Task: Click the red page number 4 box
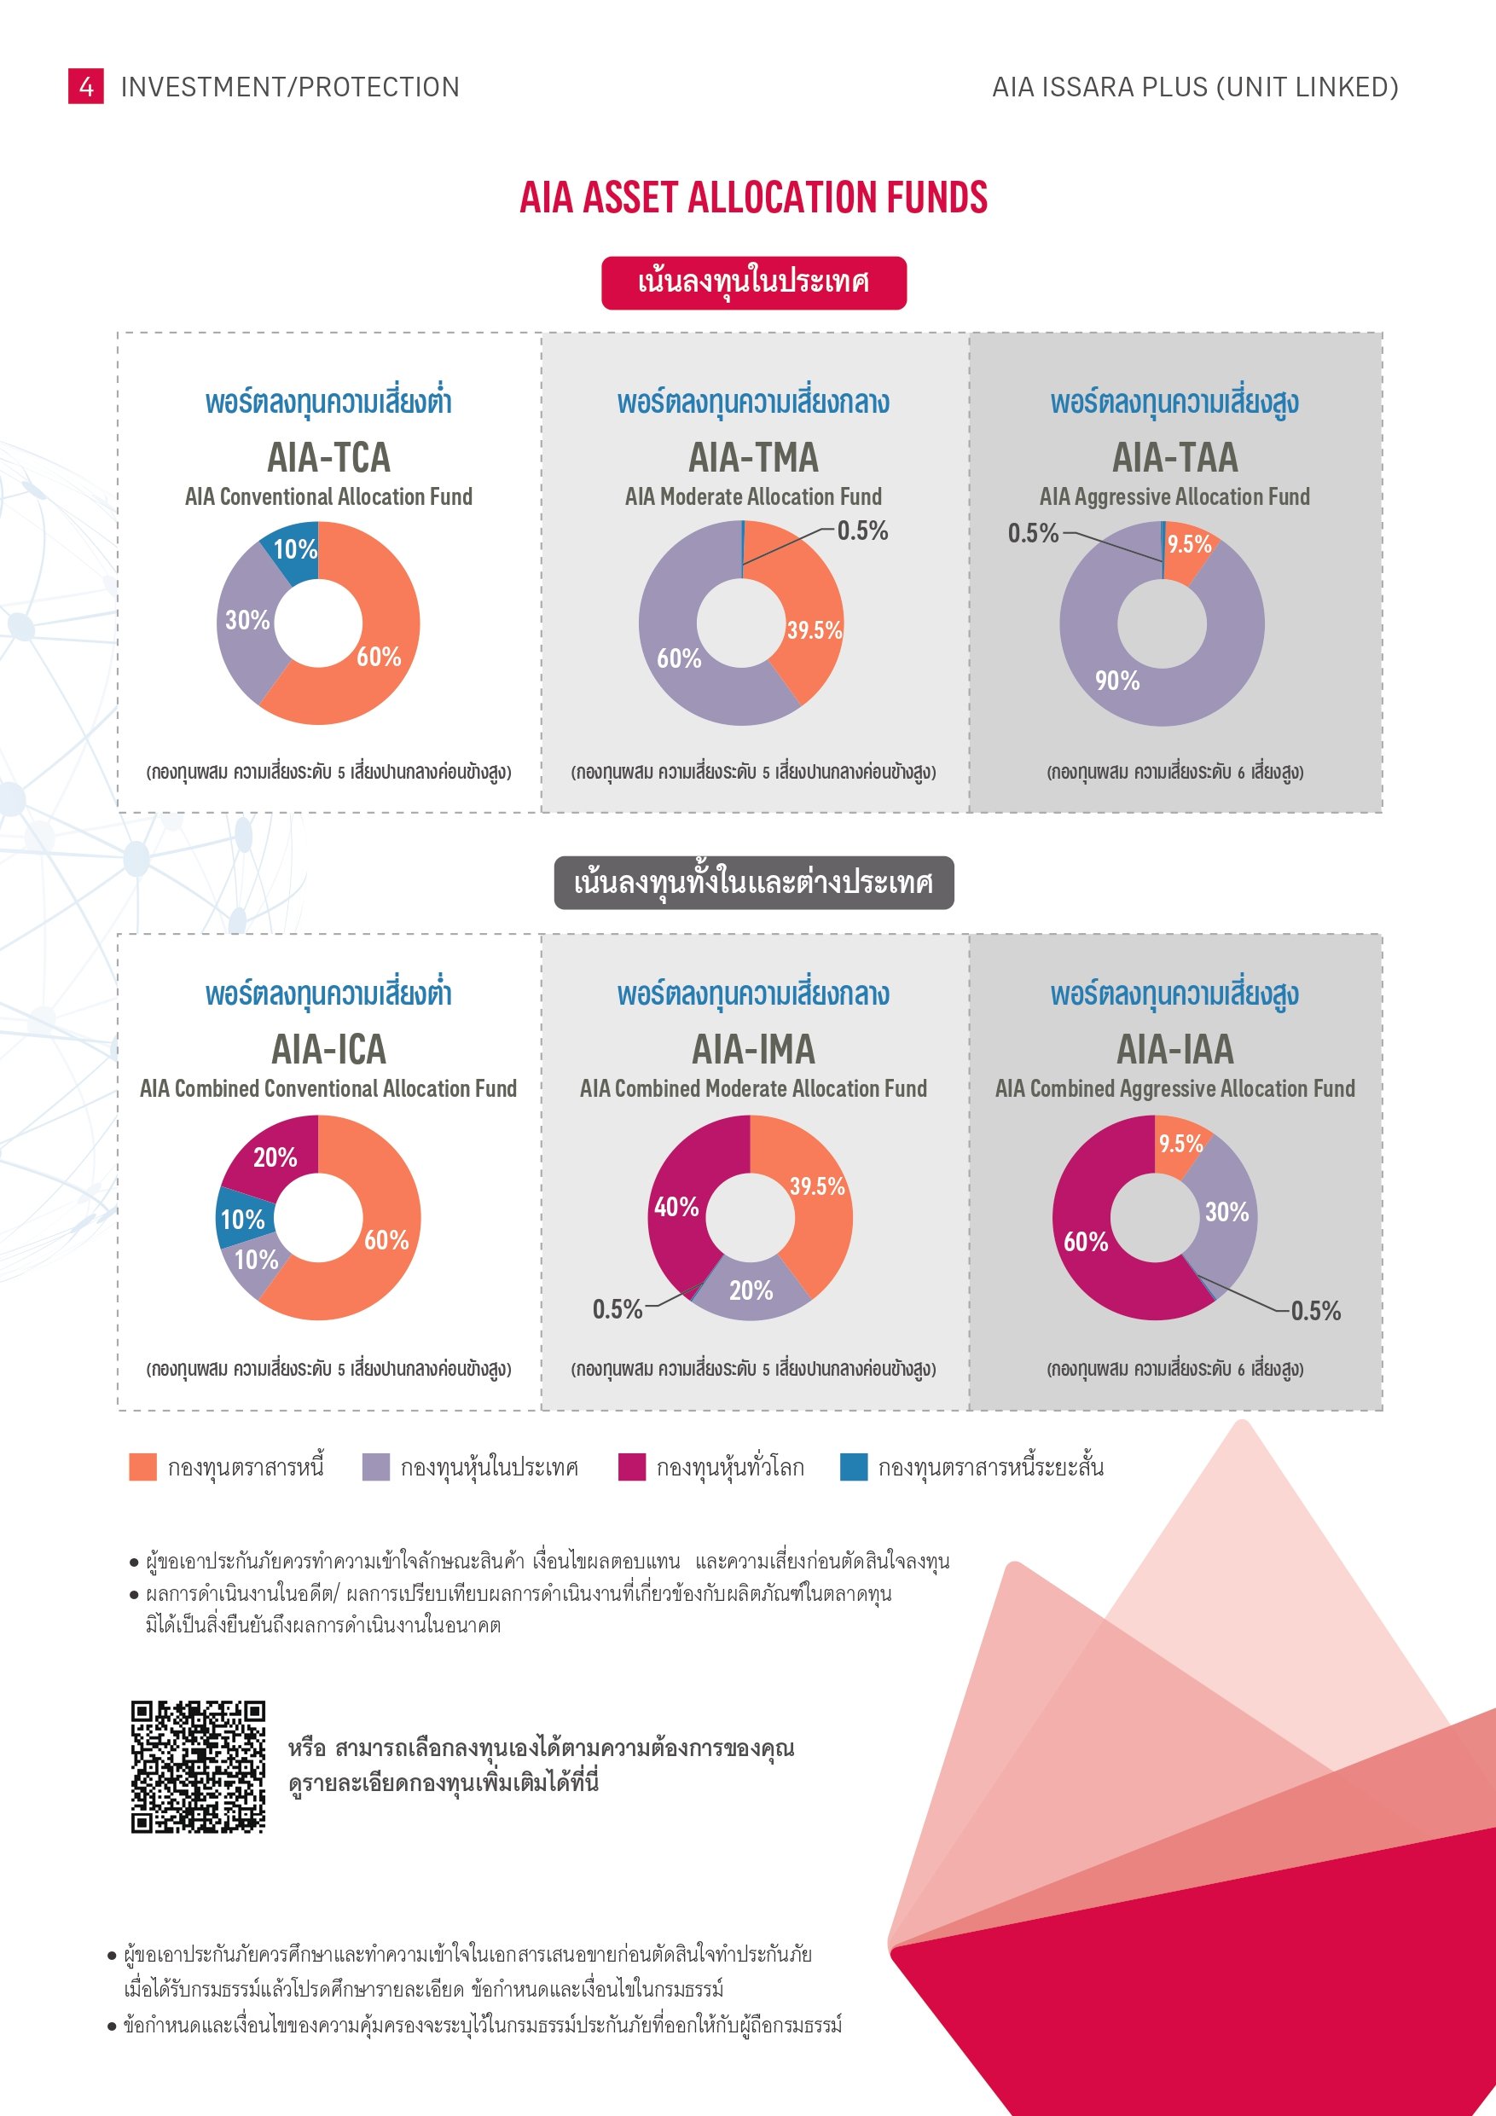tap(86, 87)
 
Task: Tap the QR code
tap(198, 1766)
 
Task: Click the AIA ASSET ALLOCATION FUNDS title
tap(753, 197)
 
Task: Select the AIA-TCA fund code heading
tap(328, 457)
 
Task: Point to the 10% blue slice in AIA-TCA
tap(294, 550)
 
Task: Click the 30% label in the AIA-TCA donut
tap(247, 620)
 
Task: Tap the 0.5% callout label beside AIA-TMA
tap(861, 530)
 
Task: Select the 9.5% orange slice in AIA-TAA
tap(1189, 545)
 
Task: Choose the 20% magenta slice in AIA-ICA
tap(275, 1157)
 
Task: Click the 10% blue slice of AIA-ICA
tap(242, 1220)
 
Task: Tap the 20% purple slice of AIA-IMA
tap(751, 1290)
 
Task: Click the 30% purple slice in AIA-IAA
tap(1226, 1212)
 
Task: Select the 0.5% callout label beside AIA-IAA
tap(1315, 1311)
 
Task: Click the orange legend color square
tap(143, 1466)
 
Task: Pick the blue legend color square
tap(854, 1466)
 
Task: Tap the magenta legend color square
tap(631, 1466)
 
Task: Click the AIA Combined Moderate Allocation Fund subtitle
tap(753, 1088)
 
